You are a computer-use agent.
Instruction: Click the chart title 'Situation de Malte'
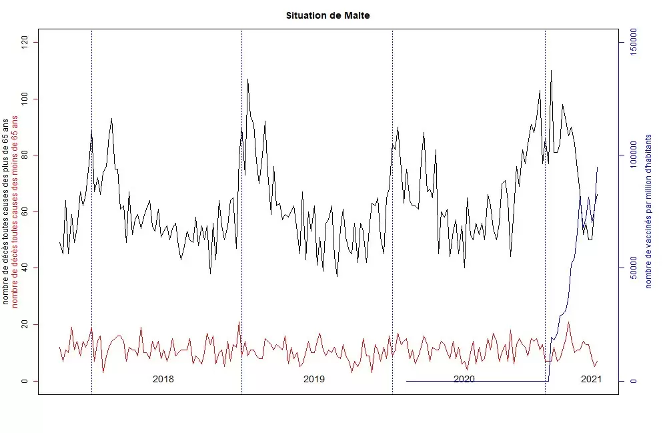327,15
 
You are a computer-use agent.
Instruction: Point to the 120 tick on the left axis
25,42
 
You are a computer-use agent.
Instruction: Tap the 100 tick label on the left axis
25,99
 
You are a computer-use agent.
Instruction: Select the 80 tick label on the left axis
25,155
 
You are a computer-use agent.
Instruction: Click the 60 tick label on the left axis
25,211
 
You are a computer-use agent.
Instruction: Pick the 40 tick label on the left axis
25,268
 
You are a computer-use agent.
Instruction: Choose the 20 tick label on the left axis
25,325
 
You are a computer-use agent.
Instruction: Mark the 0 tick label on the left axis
25,381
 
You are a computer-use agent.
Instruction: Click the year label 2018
163,380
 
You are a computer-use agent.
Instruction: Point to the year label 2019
314,380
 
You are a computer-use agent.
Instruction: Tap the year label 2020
464,380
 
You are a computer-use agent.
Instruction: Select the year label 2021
591,380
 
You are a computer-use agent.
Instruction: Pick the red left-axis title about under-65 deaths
15,211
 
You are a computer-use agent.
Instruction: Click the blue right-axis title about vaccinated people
648,211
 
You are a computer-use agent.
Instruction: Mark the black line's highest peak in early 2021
551,70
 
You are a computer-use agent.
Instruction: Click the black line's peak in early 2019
247,79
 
